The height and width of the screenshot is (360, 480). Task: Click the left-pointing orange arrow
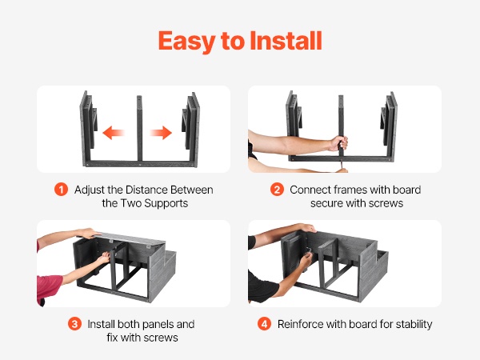point(114,133)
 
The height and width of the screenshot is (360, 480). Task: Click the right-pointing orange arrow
point(161,133)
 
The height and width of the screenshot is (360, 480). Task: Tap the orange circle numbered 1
point(62,190)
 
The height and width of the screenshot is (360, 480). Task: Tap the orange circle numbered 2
point(277,190)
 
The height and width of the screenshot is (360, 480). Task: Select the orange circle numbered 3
point(74,324)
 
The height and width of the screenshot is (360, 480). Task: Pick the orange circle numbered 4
point(265,324)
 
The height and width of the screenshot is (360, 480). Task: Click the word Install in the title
point(286,41)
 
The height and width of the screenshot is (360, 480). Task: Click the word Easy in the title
point(186,42)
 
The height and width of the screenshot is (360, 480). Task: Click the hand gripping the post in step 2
point(338,143)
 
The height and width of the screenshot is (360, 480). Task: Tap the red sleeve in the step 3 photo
point(48,287)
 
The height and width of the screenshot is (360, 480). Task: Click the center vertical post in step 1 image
point(139,128)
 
